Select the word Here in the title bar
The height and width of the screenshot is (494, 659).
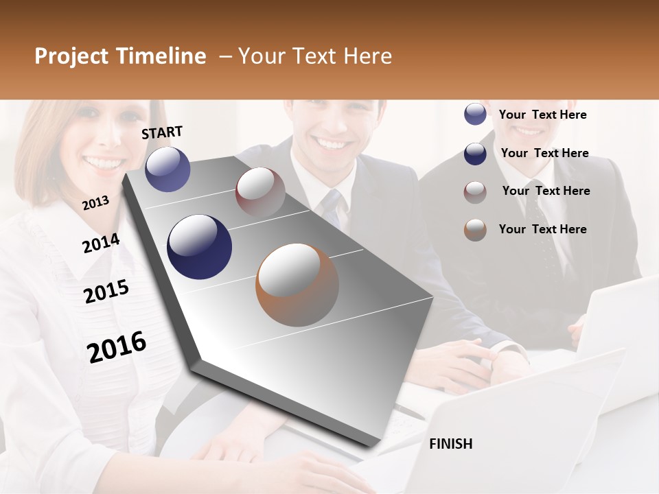[x=367, y=56]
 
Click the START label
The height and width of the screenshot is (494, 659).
[x=162, y=132]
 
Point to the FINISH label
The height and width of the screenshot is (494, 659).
[x=450, y=444]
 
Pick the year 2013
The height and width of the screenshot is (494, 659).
[x=95, y=202]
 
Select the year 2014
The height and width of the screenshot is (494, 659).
[x=101, y=243]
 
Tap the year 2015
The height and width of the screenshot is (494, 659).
[x=106, y=292]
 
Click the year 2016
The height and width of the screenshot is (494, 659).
[x=117, y=346]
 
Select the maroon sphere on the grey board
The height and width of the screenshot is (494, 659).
[x=260, y=191]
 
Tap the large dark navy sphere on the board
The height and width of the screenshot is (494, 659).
[x=199, y=247]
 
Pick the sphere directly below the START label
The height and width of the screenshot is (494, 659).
[x=168, y=169]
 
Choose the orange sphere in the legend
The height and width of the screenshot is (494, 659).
[x=475, y=230]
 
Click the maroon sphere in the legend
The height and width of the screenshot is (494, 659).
[x=475, y=192]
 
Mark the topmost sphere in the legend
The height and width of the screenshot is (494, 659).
[x=475, y=115]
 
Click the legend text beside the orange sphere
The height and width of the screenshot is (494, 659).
[x=542, y=229]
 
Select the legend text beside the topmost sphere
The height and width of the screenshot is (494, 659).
[x=542, y=115]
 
